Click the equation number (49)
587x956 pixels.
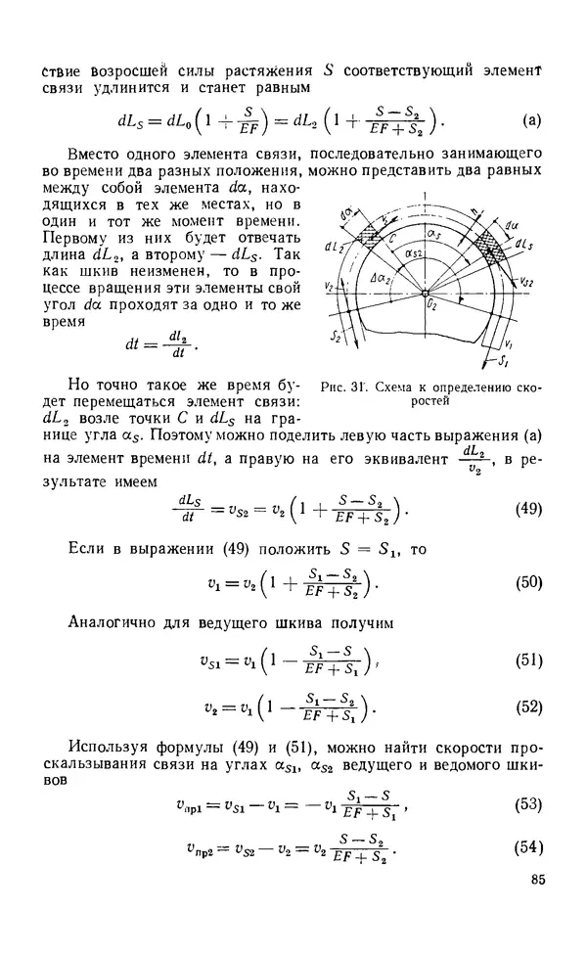tap(528, 509)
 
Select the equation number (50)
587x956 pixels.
tap(528, 583)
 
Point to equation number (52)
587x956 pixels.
tap(528, 706)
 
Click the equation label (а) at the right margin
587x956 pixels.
tap(531, 122)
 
